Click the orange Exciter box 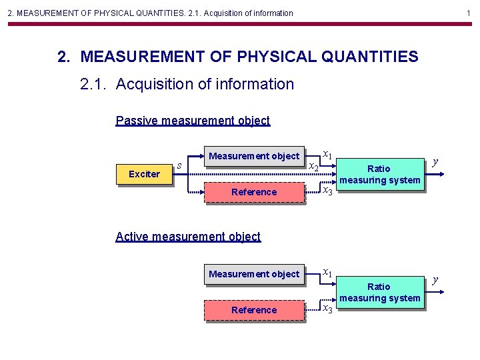(x=144, y=174)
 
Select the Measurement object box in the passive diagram (x=253, y=157)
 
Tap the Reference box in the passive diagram (x=253, y=192)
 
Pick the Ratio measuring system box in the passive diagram (x=379, y=174)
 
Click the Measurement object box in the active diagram (x=253, y=274)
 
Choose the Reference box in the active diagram (x=253, y=310)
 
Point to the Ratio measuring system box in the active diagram (x=379, y=292)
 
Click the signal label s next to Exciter (x=179, y=165)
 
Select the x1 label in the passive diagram (x=327, y=155)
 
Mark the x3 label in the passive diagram (x=327, y=192)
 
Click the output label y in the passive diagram (x=435, y=161)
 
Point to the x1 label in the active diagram (x=327, y=272)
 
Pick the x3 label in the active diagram (x=327, y=309)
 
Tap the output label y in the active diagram (x=435, y=279)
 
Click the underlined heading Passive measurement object (x=193, y=121)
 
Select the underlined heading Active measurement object (x=188, y=236)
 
